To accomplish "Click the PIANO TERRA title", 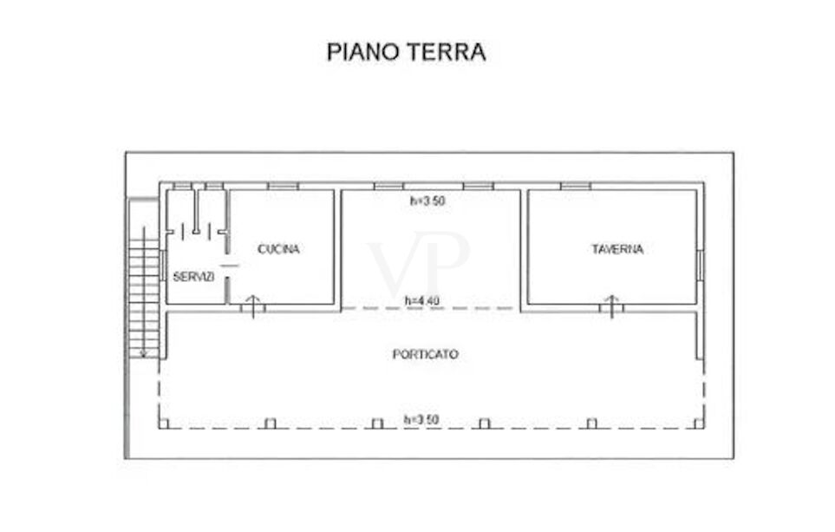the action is pos(406,52).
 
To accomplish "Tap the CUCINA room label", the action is pos(278,249).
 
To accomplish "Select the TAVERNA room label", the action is pos(617,249).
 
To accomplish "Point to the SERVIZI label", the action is pos(194,277).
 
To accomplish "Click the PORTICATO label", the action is pos(425,354).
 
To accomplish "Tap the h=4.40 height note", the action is pos(422,301).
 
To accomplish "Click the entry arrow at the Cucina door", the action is pos(253,306).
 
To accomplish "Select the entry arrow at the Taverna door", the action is pos(611,306).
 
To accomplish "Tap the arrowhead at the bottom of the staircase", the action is pos(143,353).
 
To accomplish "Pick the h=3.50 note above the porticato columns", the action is pos(421,420).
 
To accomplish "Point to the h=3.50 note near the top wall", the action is pos(427,201).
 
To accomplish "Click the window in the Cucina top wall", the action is pos(283,186).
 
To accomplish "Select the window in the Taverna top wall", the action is pos(576,186).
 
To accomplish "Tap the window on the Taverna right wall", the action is pos(701,266).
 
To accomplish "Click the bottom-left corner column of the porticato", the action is pos(164,424).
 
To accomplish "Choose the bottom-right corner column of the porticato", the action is pos(699,424).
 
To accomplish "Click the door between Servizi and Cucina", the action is pos(229,266).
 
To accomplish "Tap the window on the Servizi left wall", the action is pos(162,266).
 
